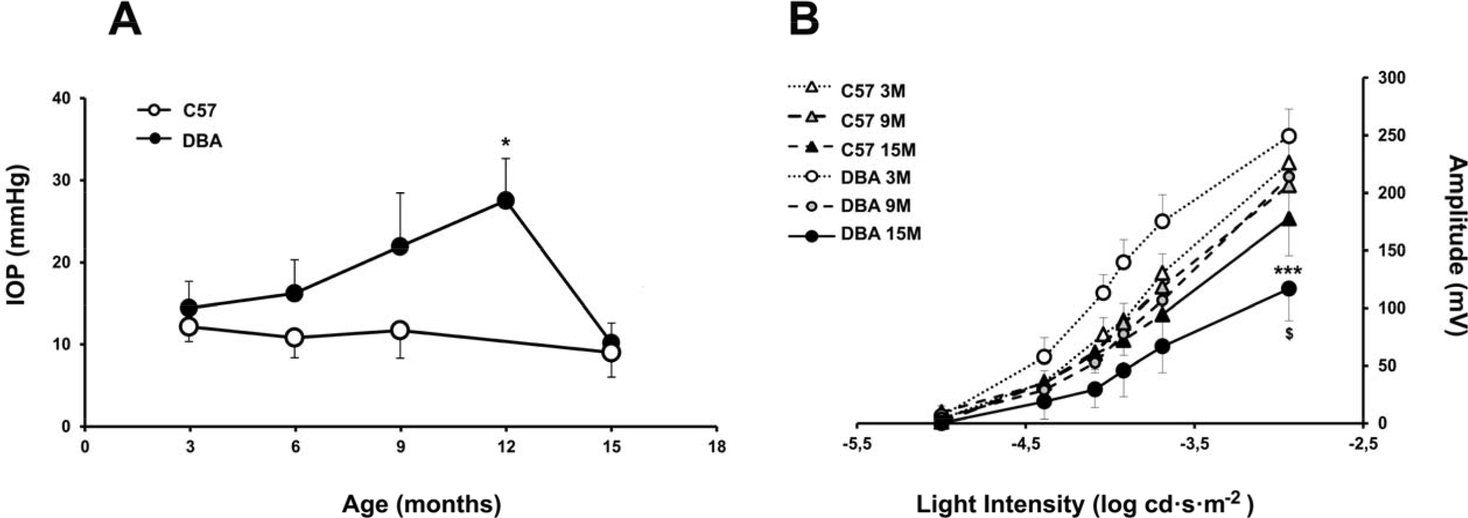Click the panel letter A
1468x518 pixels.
[125, 20]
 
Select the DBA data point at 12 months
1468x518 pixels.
[506, 201]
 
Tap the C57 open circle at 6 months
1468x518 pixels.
[294, 337]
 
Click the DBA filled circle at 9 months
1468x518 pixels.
[400, 246]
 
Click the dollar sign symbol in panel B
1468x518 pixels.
[1289, 334]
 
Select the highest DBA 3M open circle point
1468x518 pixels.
[1289, 136]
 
